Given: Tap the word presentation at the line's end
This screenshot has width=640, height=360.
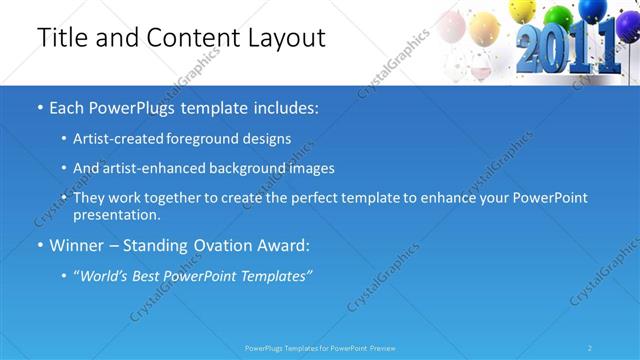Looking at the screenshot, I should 116,215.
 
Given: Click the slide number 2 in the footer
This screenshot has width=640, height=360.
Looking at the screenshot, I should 590,348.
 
